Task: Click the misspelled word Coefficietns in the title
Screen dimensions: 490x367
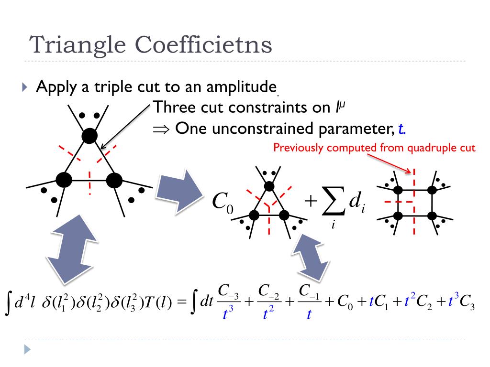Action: [x=204, y=45]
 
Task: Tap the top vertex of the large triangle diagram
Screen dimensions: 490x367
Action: [x=89, y=136]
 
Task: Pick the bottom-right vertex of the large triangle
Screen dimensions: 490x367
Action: [x=114, y=180]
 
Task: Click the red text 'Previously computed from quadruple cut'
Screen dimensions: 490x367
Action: [x=374, y=148]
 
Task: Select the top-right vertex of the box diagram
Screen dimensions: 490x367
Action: [x=432, y=190]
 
